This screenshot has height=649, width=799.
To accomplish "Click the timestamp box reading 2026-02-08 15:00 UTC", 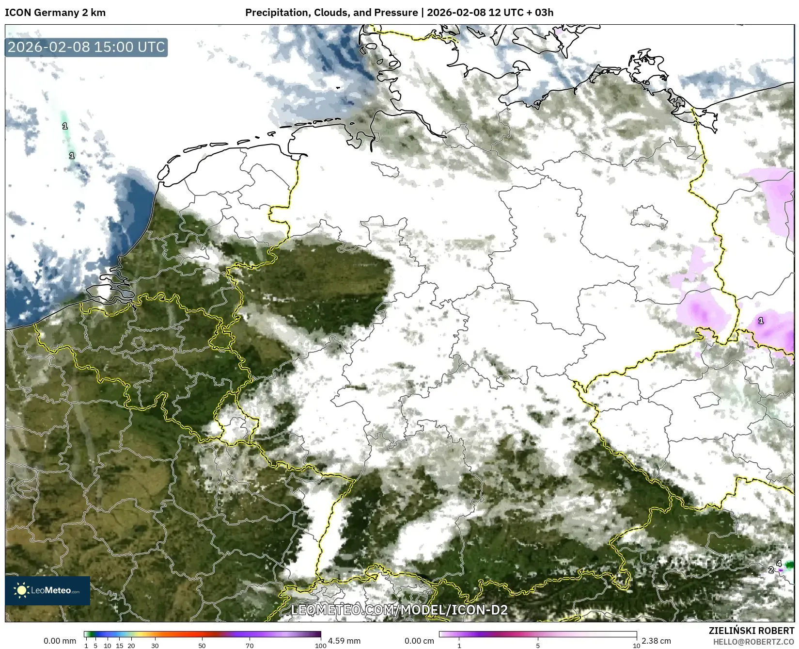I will click(86, 47).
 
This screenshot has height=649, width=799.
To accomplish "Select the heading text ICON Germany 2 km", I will click(55, 13).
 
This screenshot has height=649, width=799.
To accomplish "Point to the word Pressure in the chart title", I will click(397, 13).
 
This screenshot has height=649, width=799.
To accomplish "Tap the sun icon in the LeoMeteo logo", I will click(21, 590).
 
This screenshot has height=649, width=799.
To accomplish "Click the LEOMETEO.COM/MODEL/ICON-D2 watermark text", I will click(399, 610).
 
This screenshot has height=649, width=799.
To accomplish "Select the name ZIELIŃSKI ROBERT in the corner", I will click(752, 631).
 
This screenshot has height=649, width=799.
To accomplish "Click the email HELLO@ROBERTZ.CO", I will click(753, 642).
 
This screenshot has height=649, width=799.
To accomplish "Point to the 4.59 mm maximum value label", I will click(344, 641).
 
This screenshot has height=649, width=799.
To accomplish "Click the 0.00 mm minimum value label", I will click(60, 641).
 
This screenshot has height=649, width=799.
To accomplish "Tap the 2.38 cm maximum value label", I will click(656, 641).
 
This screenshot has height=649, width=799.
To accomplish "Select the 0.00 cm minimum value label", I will click(419, 641).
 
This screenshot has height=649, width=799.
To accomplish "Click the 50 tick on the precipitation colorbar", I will click(202, 646).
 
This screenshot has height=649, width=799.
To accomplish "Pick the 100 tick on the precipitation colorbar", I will click(321, 646).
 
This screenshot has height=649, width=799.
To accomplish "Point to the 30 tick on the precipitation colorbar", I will click(155, 646).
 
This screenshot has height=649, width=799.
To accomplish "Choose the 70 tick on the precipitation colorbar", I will click(250, 646).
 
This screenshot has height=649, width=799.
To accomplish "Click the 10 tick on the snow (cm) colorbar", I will click(636, 646).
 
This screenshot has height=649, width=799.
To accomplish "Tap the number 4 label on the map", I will click(779, 563).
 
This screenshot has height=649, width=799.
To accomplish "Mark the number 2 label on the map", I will click(771, 570).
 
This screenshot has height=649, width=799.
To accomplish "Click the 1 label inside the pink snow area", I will click(761, 321).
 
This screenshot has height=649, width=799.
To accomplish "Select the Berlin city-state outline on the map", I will click(649, 216).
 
